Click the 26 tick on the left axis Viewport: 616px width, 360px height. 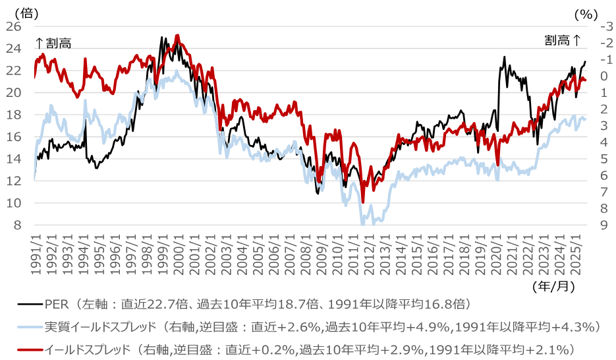pos(15,26)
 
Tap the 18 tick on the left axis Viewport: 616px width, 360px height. pos(15,115)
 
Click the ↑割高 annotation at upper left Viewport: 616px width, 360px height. pos(53,43)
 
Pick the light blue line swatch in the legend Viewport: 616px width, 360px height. pos(30,326)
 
